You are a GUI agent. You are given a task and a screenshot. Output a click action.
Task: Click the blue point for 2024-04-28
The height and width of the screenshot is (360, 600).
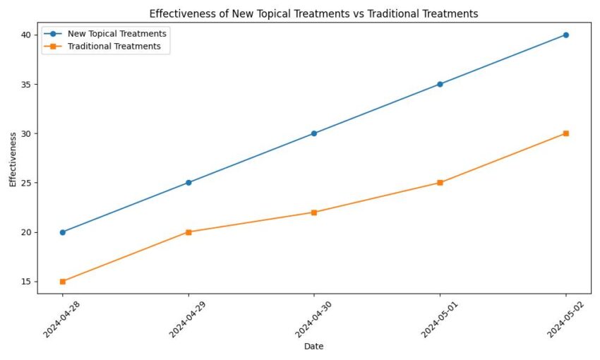pos(63,232)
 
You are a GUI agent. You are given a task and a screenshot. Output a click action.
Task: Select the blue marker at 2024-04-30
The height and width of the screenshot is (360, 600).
pos(314,133)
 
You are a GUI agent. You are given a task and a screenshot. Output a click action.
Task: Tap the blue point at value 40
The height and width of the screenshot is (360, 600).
pos(566,35)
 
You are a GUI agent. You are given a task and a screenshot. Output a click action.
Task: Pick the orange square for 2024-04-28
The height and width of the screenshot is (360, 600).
pos(63,282)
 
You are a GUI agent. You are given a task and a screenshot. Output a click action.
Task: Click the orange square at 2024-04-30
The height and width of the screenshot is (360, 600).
pos(314,212)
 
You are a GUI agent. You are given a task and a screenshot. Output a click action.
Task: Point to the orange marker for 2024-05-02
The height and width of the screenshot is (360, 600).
pos(566,133)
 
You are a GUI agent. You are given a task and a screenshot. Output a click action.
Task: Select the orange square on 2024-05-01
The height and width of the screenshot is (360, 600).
pos(440,183)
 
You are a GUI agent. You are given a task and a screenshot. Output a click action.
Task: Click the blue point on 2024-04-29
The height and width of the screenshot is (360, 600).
pos(188,183)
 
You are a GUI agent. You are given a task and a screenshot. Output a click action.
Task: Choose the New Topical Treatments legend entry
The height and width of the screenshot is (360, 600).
pos(116,34)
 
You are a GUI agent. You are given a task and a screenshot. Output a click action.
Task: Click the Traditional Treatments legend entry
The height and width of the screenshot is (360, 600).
pos(114,47)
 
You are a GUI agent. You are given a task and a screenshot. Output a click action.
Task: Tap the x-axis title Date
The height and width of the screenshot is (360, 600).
pos(314,347)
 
